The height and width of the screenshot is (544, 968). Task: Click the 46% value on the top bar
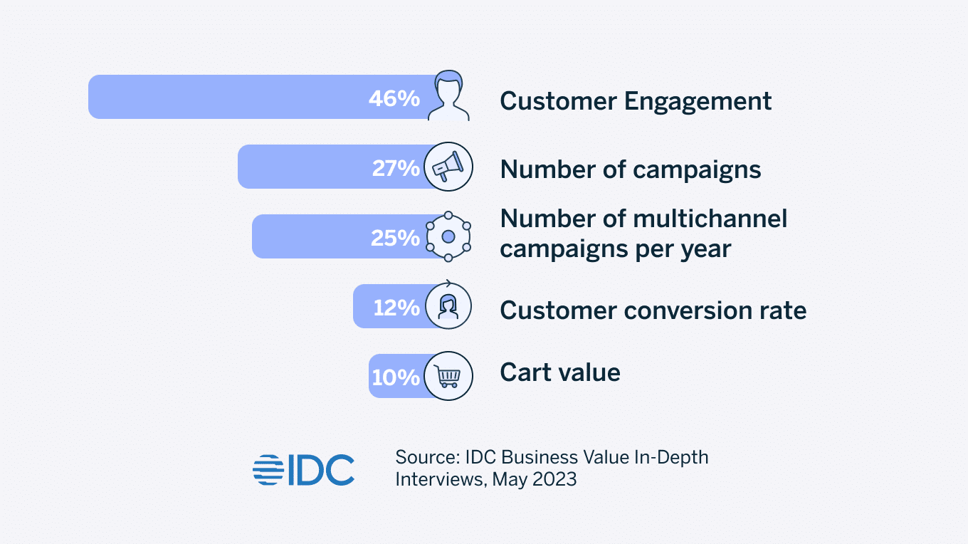394,99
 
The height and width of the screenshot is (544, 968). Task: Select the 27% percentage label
396,169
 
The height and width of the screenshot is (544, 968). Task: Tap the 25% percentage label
395,238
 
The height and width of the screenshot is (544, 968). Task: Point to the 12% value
396,308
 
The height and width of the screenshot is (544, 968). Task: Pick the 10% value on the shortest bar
396,377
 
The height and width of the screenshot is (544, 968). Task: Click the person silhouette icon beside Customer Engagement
448,96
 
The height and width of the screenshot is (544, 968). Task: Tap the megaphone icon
448,167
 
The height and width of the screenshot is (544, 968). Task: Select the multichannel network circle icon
448,236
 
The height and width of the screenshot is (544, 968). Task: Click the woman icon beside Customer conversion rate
448,305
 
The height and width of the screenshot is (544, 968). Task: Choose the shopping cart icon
448,375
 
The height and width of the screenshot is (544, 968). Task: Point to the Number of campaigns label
631,169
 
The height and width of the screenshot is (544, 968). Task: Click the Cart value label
560,372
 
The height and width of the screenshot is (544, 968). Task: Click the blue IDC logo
304,469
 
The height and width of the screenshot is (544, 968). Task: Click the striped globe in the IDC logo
268,469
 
